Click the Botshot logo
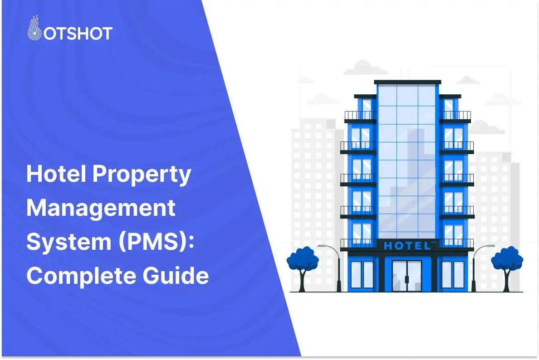pyautogui.click(x=69, y=32)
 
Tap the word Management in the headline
pyautogui.click(x=101, y=209)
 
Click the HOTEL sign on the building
pyautogui.click(x=407, y=246)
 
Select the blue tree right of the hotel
pyautogui.click(x=507, y=262)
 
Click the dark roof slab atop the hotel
pyautogui.click(x=407, y=82)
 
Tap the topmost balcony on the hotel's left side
pyautogui.click(x=360, y=116)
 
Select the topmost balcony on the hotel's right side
pyautogui.click(x=455, y=116)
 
